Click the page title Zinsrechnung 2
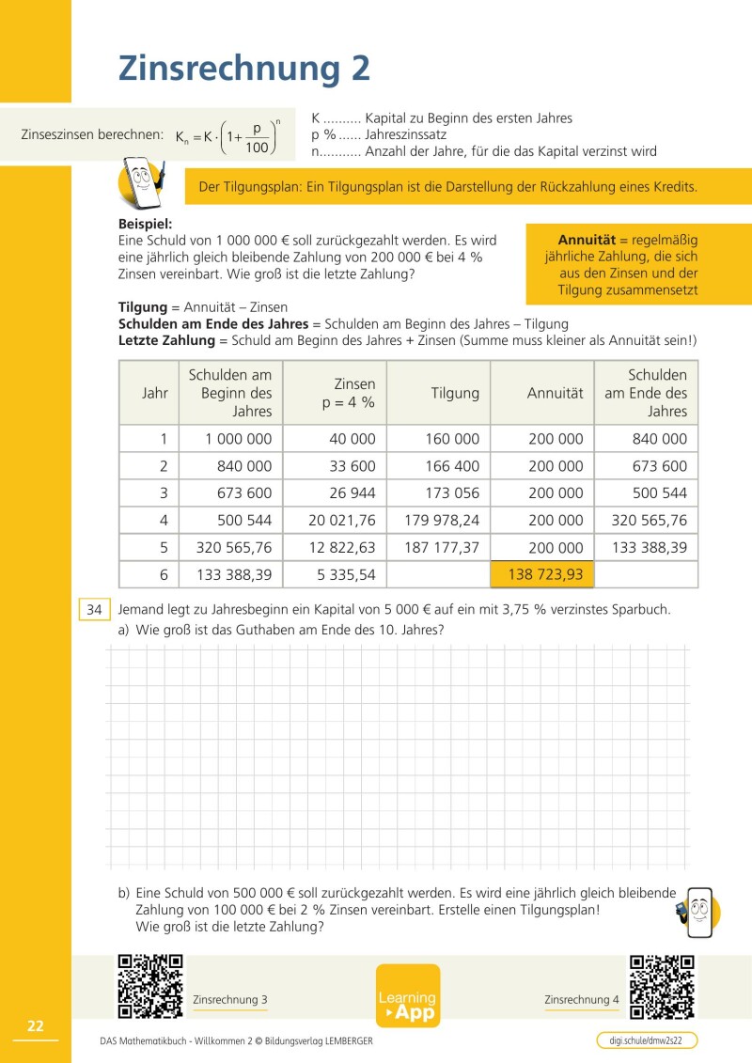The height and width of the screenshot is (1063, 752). pos(243,69)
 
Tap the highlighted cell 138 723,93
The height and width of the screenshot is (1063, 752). pos(545,574)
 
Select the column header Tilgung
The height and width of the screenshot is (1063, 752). pos(455,393)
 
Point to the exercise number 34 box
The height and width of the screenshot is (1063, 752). pos(94,609)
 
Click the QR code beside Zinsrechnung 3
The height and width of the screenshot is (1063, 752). pos(149,986)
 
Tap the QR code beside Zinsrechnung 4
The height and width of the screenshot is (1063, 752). pos(663,986)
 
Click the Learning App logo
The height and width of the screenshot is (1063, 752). pos(408,996)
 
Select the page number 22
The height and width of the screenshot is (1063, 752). pos(36,1026)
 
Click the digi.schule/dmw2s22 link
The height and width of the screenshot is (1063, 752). pos(647,1040)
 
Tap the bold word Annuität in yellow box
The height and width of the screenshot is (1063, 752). pos(587,239)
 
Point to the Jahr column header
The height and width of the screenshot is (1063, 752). pos(155,393)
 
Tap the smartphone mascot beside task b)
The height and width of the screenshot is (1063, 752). pos(697,911)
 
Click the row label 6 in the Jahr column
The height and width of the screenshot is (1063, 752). pos(163,574)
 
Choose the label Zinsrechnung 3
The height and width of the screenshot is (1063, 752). pos(229,999)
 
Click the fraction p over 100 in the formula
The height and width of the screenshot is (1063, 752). pos(256,137)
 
